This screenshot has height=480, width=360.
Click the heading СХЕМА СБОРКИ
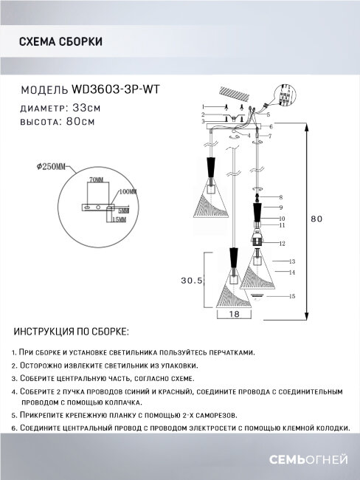coord(60,42)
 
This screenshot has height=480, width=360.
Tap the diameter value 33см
coord(83,107)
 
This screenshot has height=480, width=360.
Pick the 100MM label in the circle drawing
coord(127,191)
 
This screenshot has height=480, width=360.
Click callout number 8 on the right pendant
coord(280,198)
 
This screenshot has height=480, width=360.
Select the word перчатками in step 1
coord(231,354)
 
